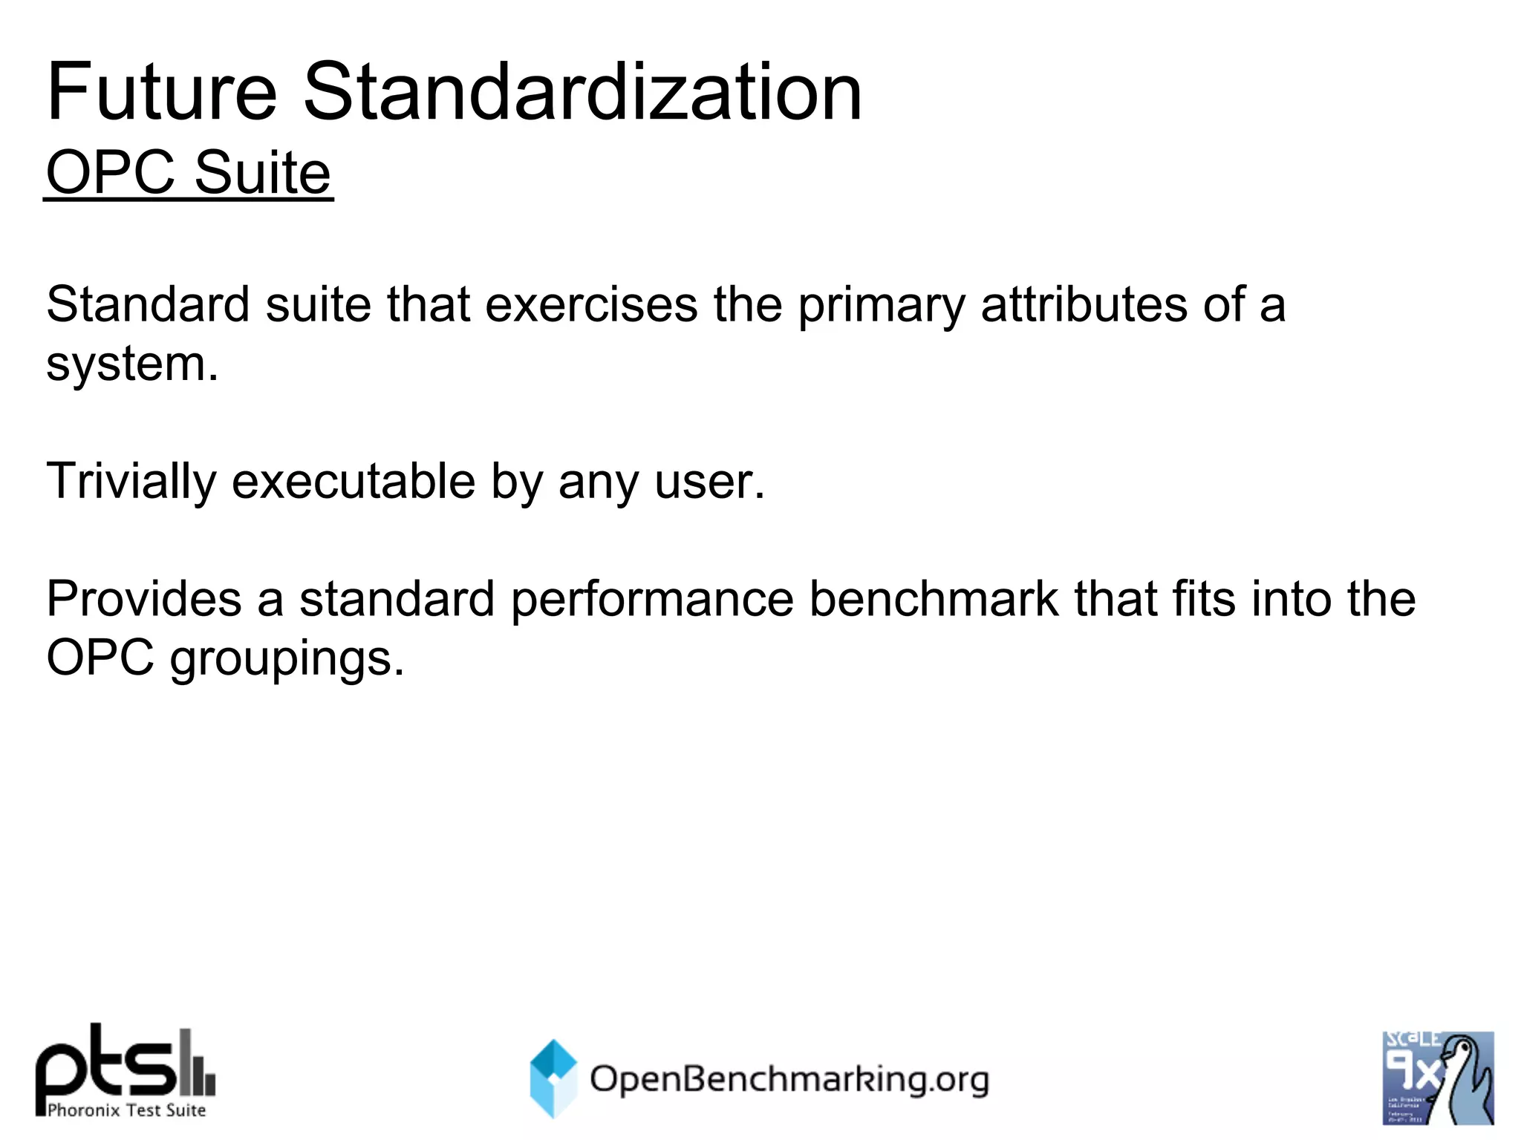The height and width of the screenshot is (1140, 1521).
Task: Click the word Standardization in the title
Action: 582,92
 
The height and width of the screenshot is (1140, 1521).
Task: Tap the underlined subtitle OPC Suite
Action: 189,172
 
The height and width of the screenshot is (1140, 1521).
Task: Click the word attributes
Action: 1084,304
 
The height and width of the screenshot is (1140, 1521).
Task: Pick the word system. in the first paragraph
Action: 132,364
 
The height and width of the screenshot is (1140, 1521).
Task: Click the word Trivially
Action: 131,482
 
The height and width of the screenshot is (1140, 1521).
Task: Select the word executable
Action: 354,481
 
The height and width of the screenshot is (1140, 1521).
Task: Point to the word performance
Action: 652,600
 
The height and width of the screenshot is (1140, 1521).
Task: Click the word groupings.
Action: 287,659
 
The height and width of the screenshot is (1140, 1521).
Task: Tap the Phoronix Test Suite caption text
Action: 126,1110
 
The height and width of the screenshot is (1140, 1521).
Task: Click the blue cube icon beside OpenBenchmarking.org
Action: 553,1078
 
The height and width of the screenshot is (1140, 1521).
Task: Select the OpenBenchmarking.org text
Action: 789,1079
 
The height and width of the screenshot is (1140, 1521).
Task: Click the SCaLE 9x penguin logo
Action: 1438,1078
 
